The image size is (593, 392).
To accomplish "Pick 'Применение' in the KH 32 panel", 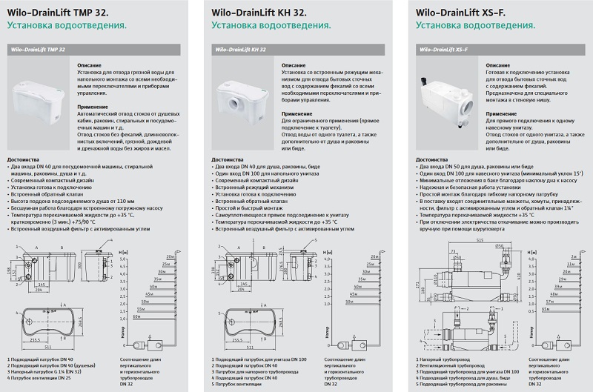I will (x=297, y=115).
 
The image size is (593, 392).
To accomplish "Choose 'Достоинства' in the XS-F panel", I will (x=433, y=159).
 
